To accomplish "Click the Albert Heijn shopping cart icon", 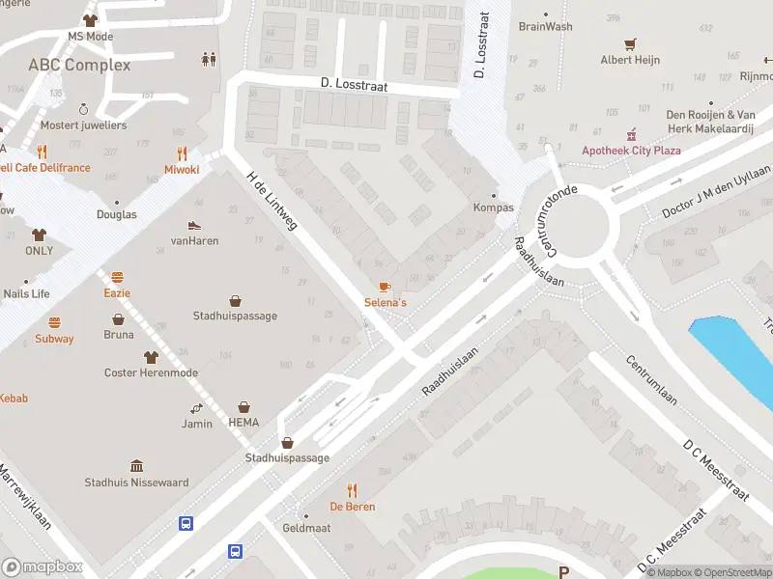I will click(630, 43).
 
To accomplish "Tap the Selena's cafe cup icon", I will click(385, 287).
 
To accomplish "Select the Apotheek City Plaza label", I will click(632, 151).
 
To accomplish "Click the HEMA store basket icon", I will click(243, 407).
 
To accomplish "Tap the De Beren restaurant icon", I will click(352, 490).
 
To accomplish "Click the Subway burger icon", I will click(54, 322).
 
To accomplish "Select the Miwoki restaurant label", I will click(182, 169).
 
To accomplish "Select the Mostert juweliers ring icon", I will click(83, 109).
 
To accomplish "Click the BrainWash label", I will click(545, 27).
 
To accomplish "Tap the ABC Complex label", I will click(79, 65).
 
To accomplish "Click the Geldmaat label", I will click(307, 529).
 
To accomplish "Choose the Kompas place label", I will click(493, 207).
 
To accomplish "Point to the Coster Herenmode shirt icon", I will click(151, 357).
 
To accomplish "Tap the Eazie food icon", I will click(117, 277).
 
